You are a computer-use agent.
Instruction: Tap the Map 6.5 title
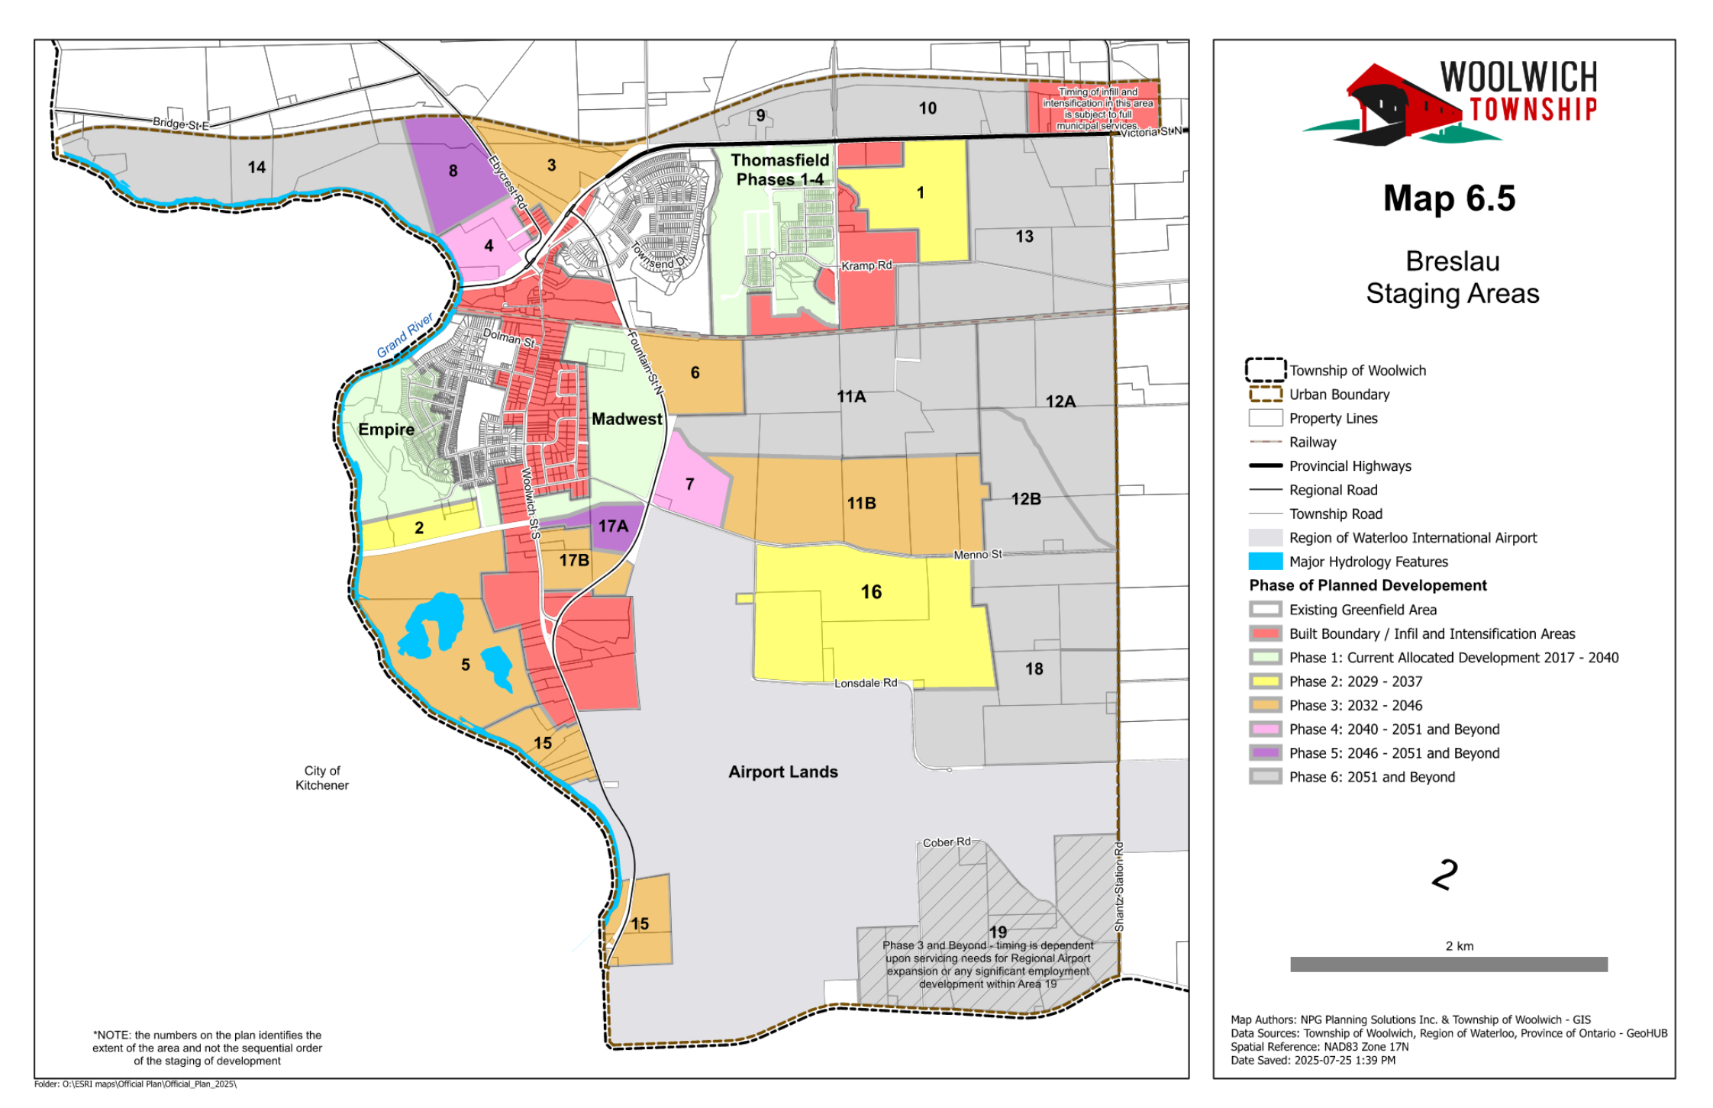pos(1448,199)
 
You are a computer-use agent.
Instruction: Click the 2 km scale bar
pos(1448,964)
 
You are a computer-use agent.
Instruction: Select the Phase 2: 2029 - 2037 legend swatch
pos(1265,681)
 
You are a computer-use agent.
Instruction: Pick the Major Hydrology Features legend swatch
pos(1265,562)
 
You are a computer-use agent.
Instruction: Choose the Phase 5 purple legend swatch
pos(1265,753)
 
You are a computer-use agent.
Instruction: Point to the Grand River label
pos(405,335)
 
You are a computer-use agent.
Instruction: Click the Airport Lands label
pos(782,772)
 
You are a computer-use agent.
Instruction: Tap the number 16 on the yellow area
pos(871,592)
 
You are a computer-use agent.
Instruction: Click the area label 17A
pos(613,527)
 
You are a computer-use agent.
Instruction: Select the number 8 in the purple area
pos(453,171)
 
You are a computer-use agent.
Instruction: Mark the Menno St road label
pos(977,555)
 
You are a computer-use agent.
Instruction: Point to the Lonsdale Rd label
pos(865,683)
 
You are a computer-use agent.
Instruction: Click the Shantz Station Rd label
pos(1118,887)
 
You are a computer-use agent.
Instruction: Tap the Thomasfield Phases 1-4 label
pos(779,169)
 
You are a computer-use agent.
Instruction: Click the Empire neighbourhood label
pos(386,430)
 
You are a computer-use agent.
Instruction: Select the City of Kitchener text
pos(322,778)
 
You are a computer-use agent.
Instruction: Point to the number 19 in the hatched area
pos(998,932)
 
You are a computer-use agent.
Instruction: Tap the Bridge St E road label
pos(180,124)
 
